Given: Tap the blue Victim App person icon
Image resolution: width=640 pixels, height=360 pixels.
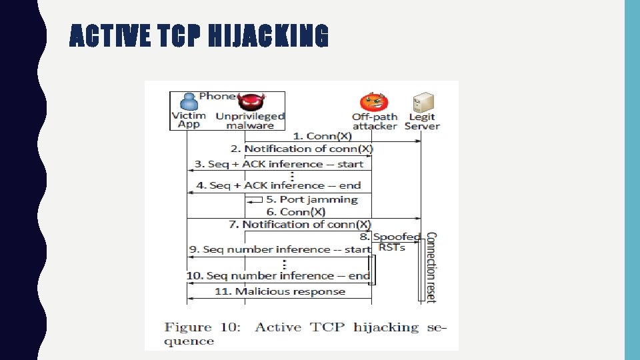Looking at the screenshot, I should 189,101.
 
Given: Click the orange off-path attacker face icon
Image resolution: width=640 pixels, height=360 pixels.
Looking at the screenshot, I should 373,103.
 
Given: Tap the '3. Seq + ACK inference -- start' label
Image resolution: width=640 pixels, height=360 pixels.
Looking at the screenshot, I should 279,164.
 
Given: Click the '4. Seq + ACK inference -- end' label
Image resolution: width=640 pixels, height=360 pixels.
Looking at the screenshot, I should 279,185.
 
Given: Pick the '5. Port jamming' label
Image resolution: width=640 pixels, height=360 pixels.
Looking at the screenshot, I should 312,199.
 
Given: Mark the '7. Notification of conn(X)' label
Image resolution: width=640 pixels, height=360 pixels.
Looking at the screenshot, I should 299,225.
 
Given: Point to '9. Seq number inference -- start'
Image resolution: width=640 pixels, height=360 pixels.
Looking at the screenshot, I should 279,249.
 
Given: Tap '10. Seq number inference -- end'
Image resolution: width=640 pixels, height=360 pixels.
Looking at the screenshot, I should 278,275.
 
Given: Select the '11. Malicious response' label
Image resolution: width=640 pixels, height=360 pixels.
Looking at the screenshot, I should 280,291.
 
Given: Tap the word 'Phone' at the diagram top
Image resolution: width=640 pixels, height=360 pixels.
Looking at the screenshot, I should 217,96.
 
